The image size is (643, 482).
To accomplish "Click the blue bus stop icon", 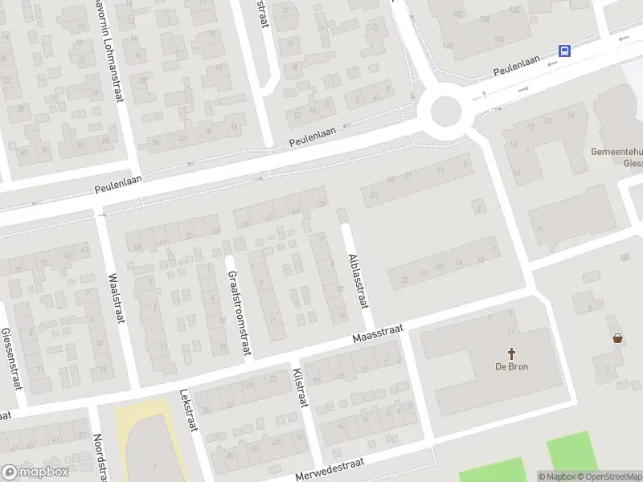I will click(x=565, y=51).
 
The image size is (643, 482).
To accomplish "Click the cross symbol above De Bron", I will click(x=511, y=353).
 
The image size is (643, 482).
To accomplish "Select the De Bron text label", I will click(x=511, y=366).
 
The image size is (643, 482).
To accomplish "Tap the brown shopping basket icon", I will click(x=617, y=338).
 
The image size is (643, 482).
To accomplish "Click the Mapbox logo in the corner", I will click(x=35, y=472).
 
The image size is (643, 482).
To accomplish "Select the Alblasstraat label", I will click(x=357, y=280).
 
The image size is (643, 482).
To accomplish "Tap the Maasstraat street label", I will click(x=377, y=333).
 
